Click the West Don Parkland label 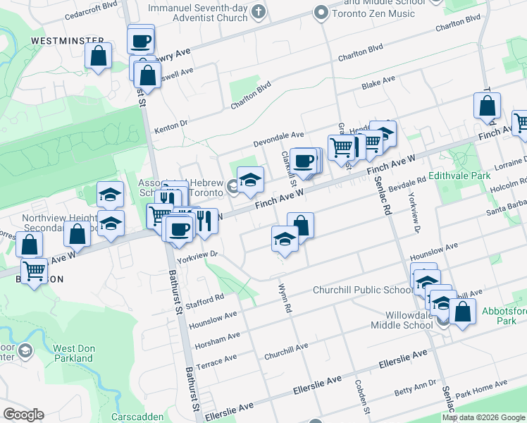[x=73, y=353]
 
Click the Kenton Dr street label [x=170, y=127]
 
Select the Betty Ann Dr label [x=416, y=387]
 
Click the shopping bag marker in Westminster [x=99, y=56]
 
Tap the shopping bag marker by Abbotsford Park [x=463, y=312]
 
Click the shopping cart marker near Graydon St [x=342, y=147]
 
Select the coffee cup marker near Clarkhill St [x=303, y=161]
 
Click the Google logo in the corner [x=24, y=415]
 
